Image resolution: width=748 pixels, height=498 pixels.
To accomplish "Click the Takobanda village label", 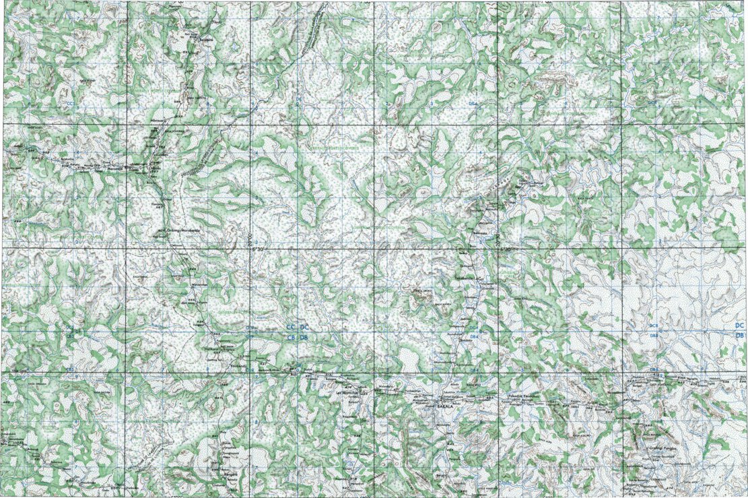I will coord(470,277).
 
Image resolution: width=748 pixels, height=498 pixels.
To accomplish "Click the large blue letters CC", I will coord(291,328).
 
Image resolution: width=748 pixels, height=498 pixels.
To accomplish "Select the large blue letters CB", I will coord(291,337).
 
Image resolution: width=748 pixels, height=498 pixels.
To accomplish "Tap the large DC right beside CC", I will coord(304,328).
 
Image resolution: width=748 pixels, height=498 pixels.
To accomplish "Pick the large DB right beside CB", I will coord(304,337).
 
